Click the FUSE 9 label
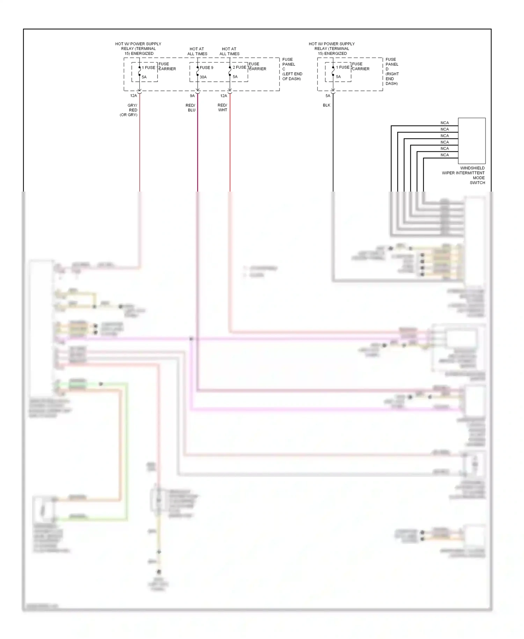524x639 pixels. pyautogui.click(x=206, y=68)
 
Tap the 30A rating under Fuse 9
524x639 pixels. pyautogui.click(x=203, y=77)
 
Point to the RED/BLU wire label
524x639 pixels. pyautogui.click(x=191, y=108)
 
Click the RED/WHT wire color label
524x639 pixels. pyautogui.click(x=223, y=108)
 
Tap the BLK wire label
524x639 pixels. pyautogui.click(x=327, y=105)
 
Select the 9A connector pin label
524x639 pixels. pyautogui.click(x=192, y=96)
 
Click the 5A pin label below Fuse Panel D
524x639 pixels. pyautogui.click(x=328, y=96)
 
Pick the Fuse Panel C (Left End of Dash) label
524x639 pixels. pyautogui.click(x=292, y=69)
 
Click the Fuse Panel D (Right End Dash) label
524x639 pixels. pyautogui.click(x=392, y=72)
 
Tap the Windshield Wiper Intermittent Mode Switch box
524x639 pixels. pyautogui.click(x=472, y=141)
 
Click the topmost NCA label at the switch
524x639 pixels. pyautogui.click(x=444, y=123)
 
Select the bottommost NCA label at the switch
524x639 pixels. pyautogui.click(x=444, y=155)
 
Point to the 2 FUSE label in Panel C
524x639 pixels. pyautogui.click(x=240, y=67)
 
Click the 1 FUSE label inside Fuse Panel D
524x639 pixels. pyautogui.click(x=343, y=67)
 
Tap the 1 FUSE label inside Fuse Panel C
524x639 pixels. pyautogui.click(x=148, y=68)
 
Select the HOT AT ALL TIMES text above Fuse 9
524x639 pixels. pyautogui.click(x=197, y=51)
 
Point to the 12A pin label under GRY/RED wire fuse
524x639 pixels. pyautogui.click(x=133, y=96)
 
